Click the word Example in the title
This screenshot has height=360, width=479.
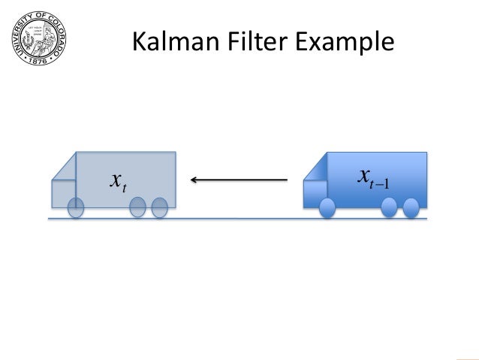tap(347, 44)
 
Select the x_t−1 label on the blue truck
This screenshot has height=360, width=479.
tap(373, 178)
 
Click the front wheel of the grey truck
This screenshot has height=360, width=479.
tap(75, 208)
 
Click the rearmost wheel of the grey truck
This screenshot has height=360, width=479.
tap(159, 208)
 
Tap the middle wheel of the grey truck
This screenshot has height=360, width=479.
tap(137, 208)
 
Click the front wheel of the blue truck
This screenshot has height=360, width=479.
tap(327, 208)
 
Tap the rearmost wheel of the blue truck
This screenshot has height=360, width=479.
tap(411, 208)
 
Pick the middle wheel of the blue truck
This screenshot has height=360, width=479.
tap(389, 208)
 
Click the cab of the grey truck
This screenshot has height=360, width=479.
tap(63, 192)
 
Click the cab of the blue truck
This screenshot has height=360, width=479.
tap(315, 192)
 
